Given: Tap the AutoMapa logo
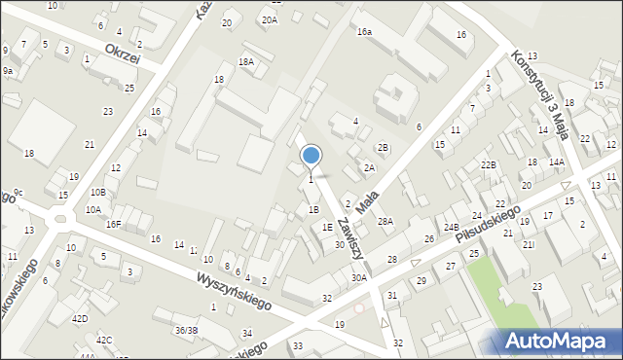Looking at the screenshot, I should point(562,341).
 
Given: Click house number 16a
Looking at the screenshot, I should point(364,32).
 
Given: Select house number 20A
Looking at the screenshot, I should point(270,18).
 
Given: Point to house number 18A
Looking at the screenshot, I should point(247,61).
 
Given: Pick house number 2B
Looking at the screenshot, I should point(384,147).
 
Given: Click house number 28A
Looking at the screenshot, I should point(385,222).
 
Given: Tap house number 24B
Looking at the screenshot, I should point(451,228).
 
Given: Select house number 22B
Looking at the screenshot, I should point(488,165).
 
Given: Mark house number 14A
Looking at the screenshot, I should point(556,162).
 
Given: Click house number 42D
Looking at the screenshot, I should point(80,318).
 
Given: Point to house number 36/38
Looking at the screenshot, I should point(186,330).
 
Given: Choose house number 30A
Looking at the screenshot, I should point(359,277).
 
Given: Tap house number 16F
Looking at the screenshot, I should point(114,224).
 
